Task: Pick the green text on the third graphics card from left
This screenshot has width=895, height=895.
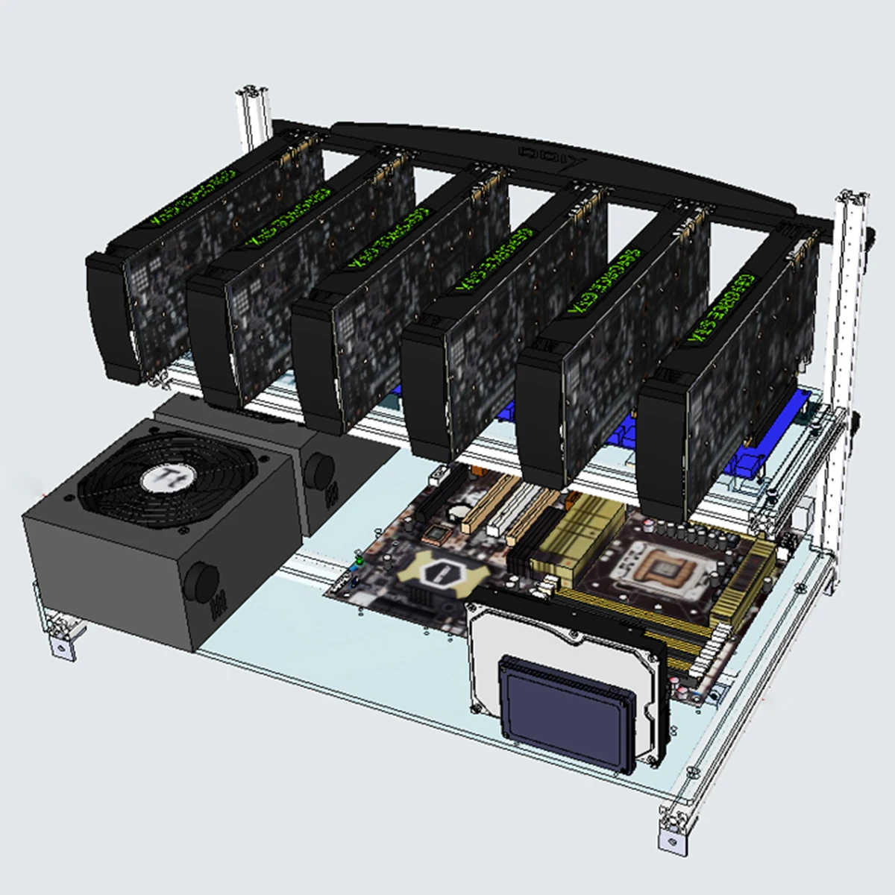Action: [x=389, y=237]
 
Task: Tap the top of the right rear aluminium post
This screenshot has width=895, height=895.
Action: [x=852, y=199]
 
